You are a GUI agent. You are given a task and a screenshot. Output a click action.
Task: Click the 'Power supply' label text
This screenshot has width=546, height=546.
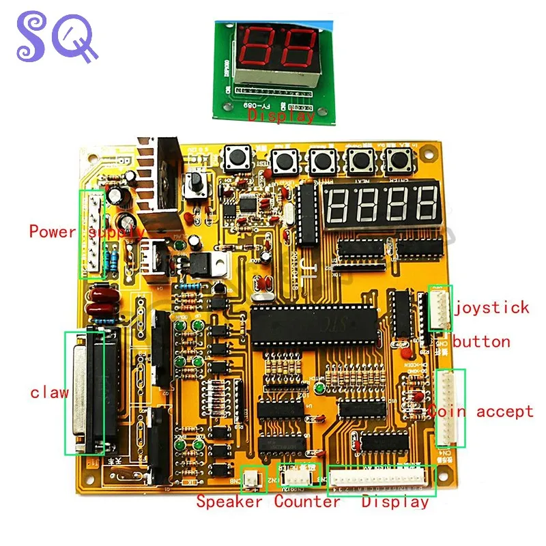click(x=85, y=231)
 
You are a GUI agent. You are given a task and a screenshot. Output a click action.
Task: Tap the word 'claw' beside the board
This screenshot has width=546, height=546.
click(x=49, y=392)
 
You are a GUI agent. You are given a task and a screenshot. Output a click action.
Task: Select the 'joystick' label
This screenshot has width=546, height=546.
click(x=491, y=307)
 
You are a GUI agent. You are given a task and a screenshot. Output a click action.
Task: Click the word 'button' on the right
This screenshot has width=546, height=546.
click(x=481, y=341)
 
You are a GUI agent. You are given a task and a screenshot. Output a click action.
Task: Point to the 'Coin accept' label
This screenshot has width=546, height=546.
click(x=481, y=411)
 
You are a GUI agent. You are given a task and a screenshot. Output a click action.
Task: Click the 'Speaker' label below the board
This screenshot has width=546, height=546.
click(x=229, y=502)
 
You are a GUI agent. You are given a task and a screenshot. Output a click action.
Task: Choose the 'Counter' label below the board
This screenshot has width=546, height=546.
click(x=307, y=502)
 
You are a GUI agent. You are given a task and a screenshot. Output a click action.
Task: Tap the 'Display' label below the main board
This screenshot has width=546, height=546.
click(x=395, y=502)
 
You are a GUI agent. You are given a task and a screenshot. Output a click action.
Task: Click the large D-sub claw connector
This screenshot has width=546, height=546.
click(x=90, y=392)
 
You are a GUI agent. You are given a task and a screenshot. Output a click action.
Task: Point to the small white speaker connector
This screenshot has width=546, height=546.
click(x=252, y=478)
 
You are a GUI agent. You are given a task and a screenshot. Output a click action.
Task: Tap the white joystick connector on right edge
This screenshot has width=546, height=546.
click(x=440, y=307)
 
